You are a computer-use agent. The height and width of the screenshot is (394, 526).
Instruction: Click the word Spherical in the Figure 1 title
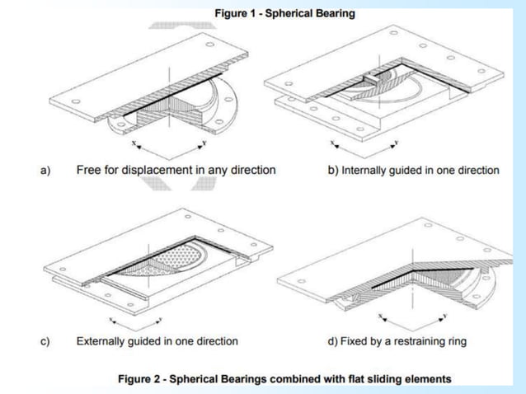click(x=292, y=13)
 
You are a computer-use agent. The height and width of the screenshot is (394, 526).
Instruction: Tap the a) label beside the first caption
click(x=46, y=171)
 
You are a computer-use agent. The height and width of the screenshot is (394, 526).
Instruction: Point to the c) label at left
click(x=46, y=340)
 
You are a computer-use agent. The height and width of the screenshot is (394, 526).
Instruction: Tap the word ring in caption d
click(x=455, y=341)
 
